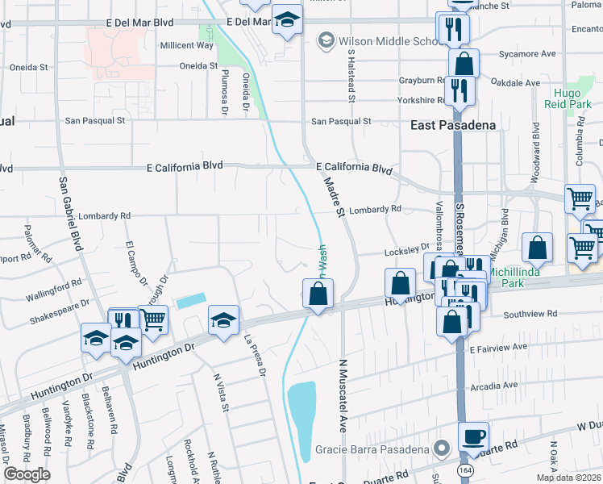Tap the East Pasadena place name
coord(441,125)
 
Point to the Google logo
coord(27,474)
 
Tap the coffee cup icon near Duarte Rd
coord(473,436)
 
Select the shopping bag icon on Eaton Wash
coord(318,294)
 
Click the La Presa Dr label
coord(255,355)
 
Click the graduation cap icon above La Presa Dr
coord(223,320)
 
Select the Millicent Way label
coord(187,45)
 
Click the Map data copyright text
coord(568,477)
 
